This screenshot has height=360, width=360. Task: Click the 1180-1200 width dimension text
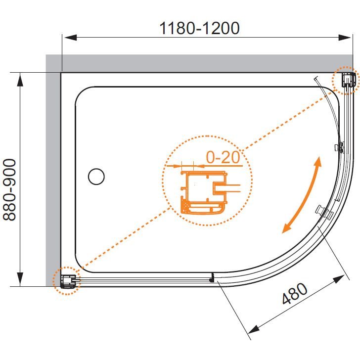point(199,28)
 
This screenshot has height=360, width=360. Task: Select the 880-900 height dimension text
point(9,190)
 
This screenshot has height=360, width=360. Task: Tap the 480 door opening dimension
point(295,294)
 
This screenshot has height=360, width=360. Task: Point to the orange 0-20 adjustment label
point(223,157)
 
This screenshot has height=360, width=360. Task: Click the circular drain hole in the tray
point(96,177)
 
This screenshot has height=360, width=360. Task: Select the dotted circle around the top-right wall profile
point(345,80)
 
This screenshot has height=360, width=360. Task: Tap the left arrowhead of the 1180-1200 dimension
point(70,38)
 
